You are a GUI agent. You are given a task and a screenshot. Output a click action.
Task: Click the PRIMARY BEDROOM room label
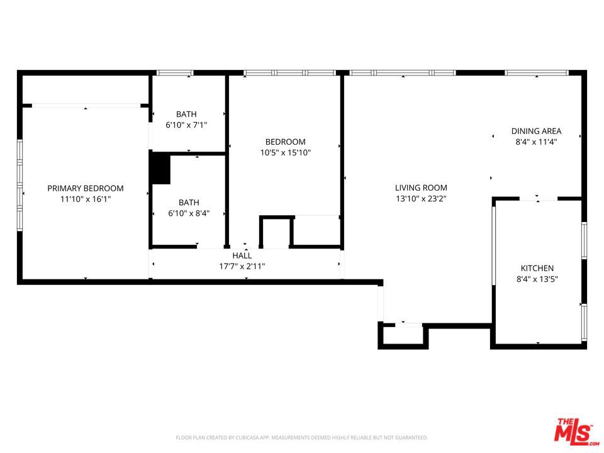pyautogui.click(x=86, y=188)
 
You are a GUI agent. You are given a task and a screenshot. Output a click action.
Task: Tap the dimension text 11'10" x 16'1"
pyautogui.click(x=86, y=199)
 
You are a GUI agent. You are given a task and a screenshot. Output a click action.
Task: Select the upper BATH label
pyautogui.click(x=186, y=114)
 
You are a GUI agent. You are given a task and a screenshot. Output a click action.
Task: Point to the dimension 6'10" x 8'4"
pyautogui.click(x=189, y=213)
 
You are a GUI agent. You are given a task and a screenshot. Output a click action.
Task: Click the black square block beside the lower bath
pyautogui.click(x=160, y=169)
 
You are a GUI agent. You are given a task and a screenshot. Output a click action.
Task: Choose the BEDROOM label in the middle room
pyautogui.click(x=285, y=142)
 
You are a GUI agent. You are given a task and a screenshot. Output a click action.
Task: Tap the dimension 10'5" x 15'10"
pyautogui.click(x=285, y=152)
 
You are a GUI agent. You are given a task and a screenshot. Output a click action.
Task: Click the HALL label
pyautogui.click(x=242, y=255)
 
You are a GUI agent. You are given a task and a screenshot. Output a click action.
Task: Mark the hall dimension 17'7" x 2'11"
pyautogui.click(x=242, y=266)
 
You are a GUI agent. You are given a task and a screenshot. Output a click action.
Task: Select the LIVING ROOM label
pyautogui.click(x=421, y=187)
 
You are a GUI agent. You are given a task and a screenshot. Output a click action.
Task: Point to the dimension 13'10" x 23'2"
pyautogui.click(x=421, y=198)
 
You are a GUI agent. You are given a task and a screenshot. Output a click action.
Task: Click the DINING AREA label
pyautogui.click(x=536, y=131)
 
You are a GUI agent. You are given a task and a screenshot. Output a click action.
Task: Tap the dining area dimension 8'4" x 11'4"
pyautogui.click(x=536, y=142)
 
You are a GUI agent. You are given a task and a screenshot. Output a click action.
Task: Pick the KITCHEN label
pyautogui.click(x=537, y=268)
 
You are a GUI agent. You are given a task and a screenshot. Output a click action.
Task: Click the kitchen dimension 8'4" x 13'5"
pyautogui.click(x=537, y=279)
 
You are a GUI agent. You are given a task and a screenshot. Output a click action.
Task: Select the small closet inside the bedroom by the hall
pyautogui.click(x=276, y=232)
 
